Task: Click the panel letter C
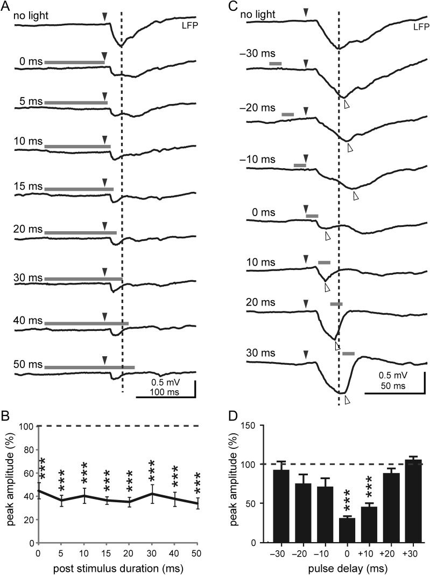pyautogui.click(x=233, y=6)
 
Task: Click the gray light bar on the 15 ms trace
pyautogui.click(x=79, y=189)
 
